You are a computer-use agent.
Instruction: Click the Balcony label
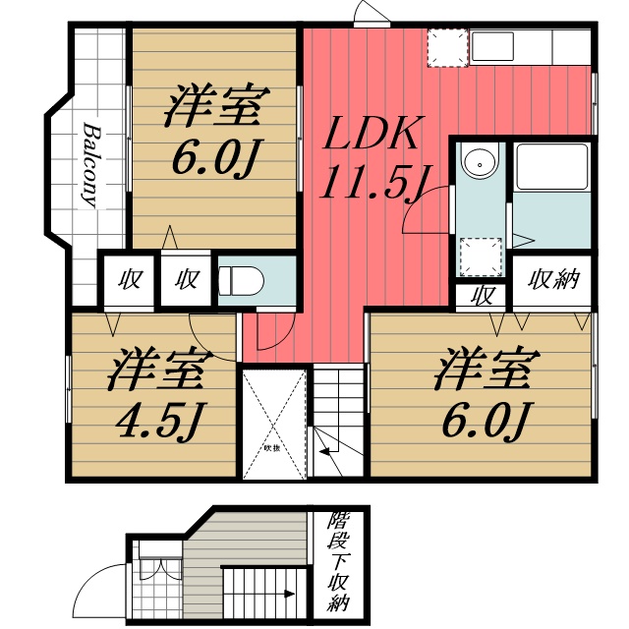[89, 166]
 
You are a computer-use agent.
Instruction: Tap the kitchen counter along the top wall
[531, 47]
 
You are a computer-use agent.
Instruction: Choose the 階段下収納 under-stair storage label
[339, 560]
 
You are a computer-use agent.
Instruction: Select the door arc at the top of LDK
[371, 12]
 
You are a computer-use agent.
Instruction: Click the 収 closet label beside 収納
[482, 295]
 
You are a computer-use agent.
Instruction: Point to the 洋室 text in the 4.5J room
[157, 371]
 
